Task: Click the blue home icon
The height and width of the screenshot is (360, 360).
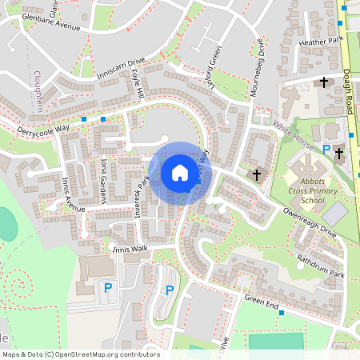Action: tap(179, 172)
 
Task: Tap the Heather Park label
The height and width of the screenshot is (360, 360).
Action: tap(319, 41)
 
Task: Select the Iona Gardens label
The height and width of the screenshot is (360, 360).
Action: tap(104, 173)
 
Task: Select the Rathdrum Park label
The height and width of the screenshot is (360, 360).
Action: tap(319, 266)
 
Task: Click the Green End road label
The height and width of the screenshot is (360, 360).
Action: tap(261, 302)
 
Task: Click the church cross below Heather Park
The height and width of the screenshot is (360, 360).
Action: tap(324, 82)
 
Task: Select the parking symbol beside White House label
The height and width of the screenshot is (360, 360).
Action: tap(326, 150)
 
